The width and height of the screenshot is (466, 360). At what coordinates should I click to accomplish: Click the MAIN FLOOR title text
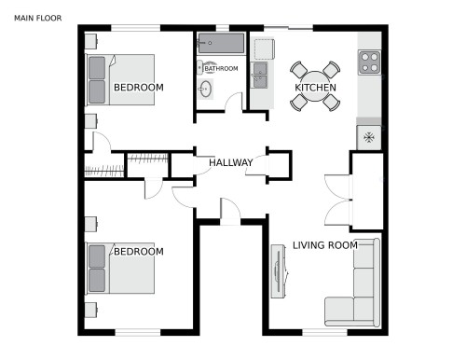point(38,17)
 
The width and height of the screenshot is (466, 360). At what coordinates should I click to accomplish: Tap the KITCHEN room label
point(315,88)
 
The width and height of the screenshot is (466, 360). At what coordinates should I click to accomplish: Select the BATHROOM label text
point(222,68)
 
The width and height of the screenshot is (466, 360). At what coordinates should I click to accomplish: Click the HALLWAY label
point(231,163)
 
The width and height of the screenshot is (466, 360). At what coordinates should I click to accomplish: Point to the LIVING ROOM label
point(325,245)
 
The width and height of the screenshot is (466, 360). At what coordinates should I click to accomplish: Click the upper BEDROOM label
point(138,88)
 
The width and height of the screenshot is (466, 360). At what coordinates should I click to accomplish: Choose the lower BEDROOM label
point(138,252)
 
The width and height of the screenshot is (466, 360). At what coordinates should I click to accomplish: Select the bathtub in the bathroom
point(220,43)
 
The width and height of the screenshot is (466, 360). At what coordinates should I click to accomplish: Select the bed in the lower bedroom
point(121,269)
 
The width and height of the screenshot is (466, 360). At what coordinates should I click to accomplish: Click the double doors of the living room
point(336,200)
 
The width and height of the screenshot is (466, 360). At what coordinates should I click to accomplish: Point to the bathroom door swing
point(233,102)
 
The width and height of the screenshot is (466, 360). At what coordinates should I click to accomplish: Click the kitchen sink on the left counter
point(260,73)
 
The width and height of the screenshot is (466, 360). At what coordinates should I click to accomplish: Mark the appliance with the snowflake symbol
point(369,138)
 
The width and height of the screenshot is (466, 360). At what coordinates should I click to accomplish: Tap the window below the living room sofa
point(325,331)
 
